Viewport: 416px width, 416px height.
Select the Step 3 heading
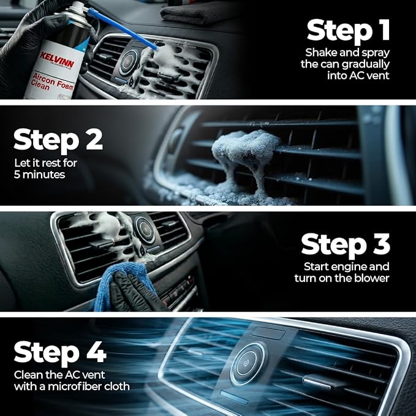(346, 245)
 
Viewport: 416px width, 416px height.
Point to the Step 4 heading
(60, 353)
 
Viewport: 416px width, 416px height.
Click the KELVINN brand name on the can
(57, 59)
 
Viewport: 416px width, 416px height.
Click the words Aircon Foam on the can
(53, 81)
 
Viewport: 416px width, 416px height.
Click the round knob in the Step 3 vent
(145, 230)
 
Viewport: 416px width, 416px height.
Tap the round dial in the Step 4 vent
(248, 363)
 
